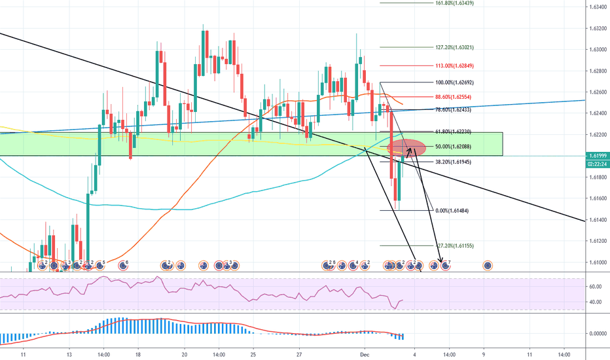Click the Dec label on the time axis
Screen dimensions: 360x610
point(366,353)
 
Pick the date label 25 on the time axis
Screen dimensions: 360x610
point(252,353)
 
